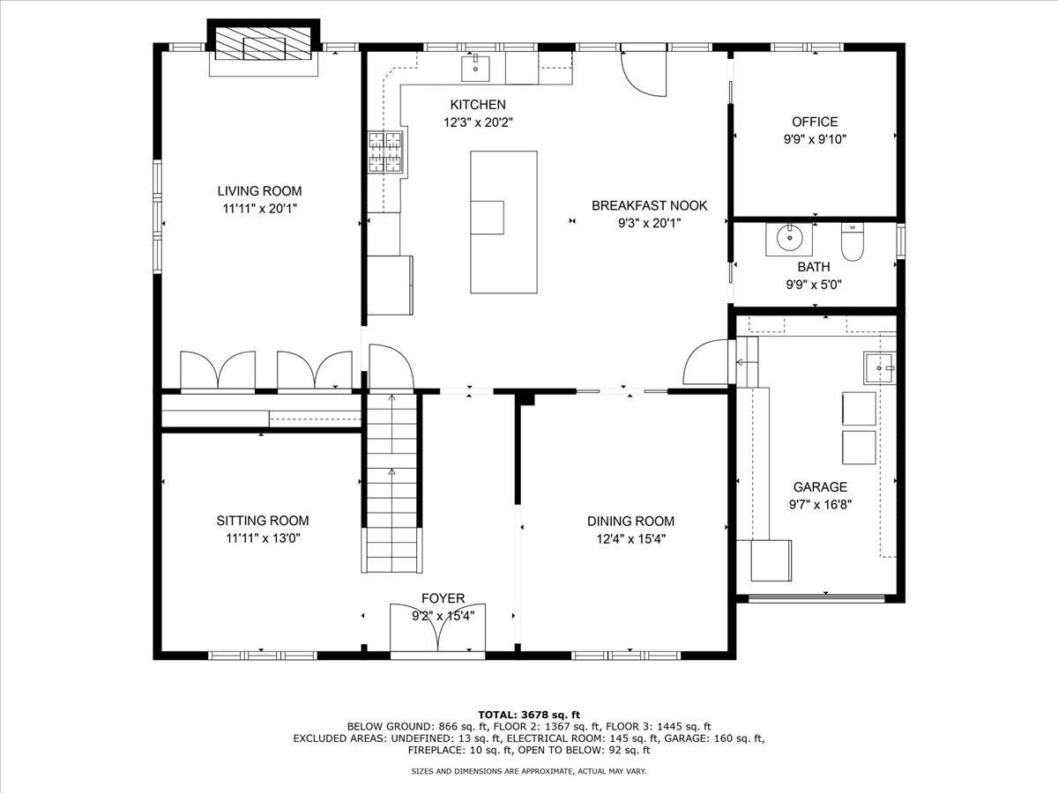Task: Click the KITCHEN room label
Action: pyautogui.click(x=478, y=105)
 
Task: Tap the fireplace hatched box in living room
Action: pyautogui.click(x=263, y=43)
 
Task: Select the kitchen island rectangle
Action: pyautogui.click(x=503, y=222)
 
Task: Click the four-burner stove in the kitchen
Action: pyautogui.click(x=385, y=152)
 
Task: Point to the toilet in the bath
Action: pyautogui.click(x=853, y=241)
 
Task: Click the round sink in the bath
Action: pyautogui.click(x=789, y=238)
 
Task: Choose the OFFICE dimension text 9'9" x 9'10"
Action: pyautogui.click(x=815, y=139)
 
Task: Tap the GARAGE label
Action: pyautogui.click(x=820, y=486)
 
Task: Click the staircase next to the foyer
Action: pyautogui.click(x=391, y=483)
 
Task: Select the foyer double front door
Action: pyautogui.click(x=437, y=628)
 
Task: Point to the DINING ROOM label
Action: pyautogui.click(x=630, y=521)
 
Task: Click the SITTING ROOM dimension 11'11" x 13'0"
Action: pyautogui.click(x=263, y=538)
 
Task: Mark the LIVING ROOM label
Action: pyautogui.click(x=259, y=191)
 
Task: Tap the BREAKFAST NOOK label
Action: pyautogui.click(x=649, y=205)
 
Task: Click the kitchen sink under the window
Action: pyautogui.click(x=475, y=69)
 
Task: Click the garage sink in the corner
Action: pyautogui.click(x=879, y=367)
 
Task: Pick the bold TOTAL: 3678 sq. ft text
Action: pyautogui.click(x=529, y=715)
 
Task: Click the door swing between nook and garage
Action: pyautogui.click(x=707, y=361)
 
